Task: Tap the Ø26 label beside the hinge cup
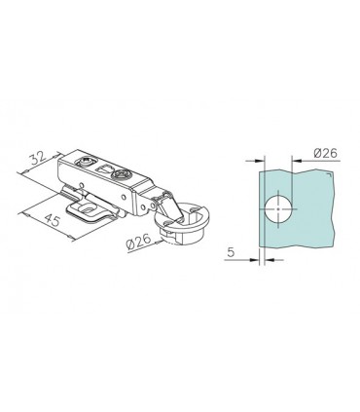pyautogui.click(x=138, y=242)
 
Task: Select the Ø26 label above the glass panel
pyautogui.click(x=326, y=153)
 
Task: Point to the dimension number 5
pyautogui.click(x=231, y=252)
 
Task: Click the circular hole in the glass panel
pyautogui.click(x=278, y=209)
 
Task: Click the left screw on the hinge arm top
pyautogui.click(x=86, y=161)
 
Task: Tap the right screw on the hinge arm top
pyautogui.click(x=121, y=175)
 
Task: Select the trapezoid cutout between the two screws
pyautogui.click(x=104, y=169)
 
